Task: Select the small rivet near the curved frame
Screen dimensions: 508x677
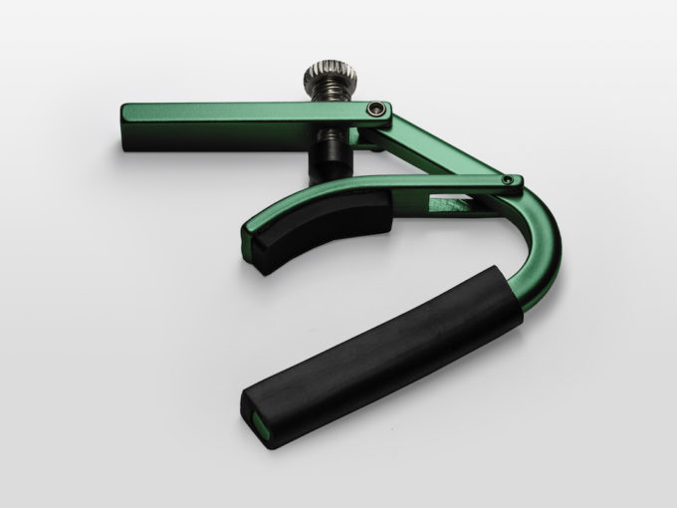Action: pos(509,180)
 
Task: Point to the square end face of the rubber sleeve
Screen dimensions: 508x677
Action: pos(261,408)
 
